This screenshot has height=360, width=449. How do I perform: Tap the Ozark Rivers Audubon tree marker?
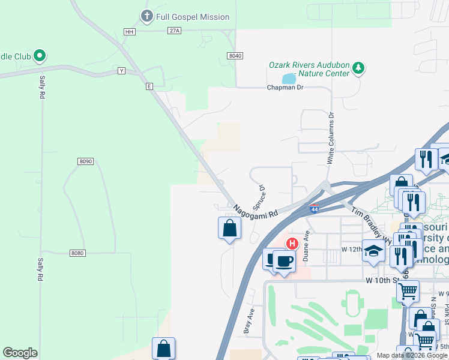[358, 67]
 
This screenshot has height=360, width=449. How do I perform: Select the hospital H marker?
[292, 244]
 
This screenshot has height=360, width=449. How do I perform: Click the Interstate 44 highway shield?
[314, 209]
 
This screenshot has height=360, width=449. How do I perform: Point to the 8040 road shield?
[235, 55]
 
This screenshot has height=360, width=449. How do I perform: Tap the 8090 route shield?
[86, 161]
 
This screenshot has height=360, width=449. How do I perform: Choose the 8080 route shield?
[77, 253]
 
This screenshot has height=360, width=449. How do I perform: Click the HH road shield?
[129, 31]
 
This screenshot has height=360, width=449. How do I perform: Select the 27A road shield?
[174, 31]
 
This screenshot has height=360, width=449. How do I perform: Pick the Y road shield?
[121, 71]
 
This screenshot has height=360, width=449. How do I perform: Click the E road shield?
[149, 86]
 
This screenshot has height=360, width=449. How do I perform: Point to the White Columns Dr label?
[330, 138]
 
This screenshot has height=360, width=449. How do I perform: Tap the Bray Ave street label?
[248, 320]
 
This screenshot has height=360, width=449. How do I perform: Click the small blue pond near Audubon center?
[289, 79]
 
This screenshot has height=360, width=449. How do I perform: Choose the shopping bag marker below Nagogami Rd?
[229, 228]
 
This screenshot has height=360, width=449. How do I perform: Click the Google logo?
[20, 353]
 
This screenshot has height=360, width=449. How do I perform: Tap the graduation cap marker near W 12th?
[373, 250]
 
